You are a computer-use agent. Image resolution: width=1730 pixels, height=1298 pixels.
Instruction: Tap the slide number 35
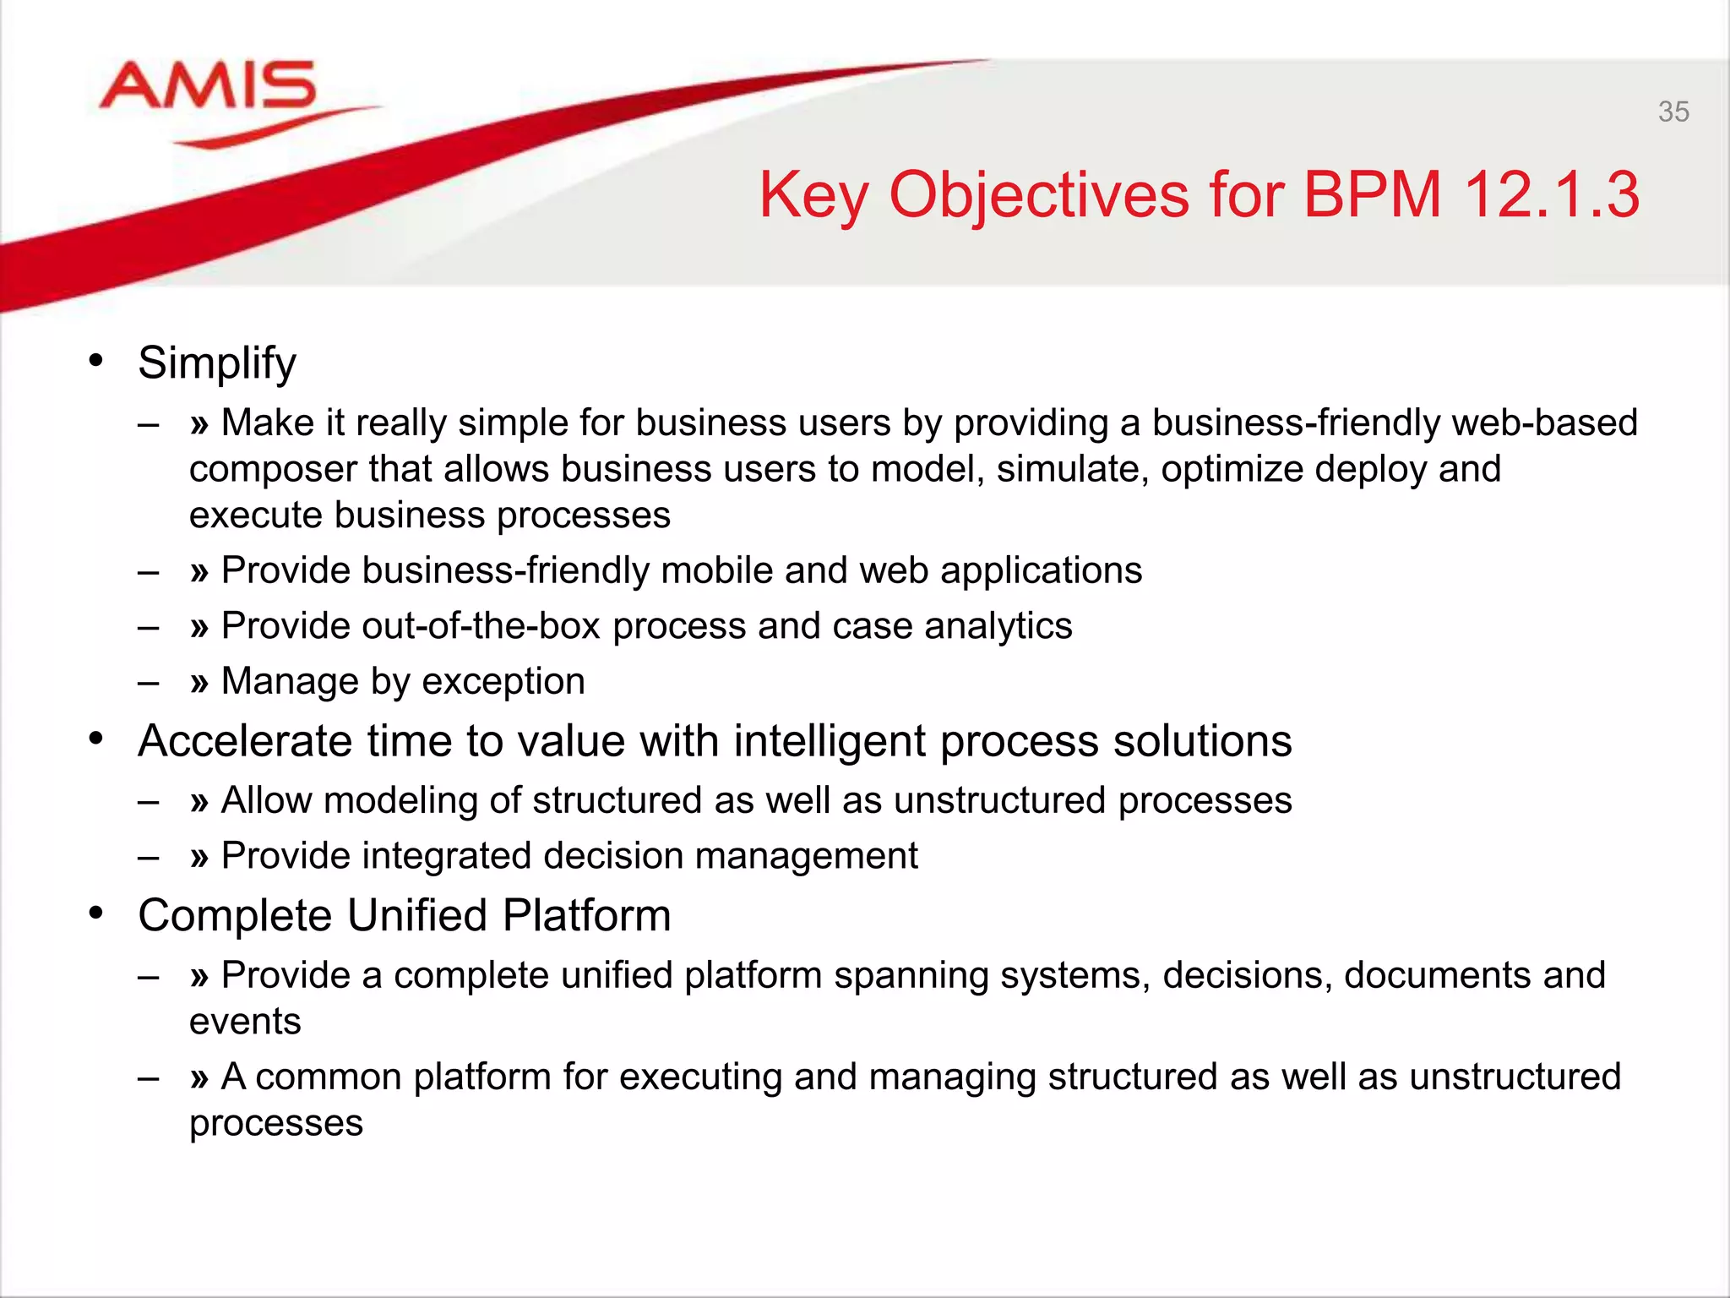click(1673, 112)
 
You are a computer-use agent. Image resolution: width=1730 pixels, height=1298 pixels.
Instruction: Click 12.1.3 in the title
click(1551, 194)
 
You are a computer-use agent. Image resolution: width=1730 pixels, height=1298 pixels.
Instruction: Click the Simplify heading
click(217, 363)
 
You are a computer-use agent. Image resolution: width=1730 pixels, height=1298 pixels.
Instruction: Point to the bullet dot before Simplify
click(96, 361)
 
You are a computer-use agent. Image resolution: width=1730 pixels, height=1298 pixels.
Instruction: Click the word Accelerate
click(245, 741)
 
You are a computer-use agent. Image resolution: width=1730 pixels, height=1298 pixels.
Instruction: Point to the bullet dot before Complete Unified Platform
click(96, 914)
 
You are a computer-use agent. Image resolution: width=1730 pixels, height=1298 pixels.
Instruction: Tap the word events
click(245, 1022)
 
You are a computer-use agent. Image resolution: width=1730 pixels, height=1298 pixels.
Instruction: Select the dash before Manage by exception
click(149, 682)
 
